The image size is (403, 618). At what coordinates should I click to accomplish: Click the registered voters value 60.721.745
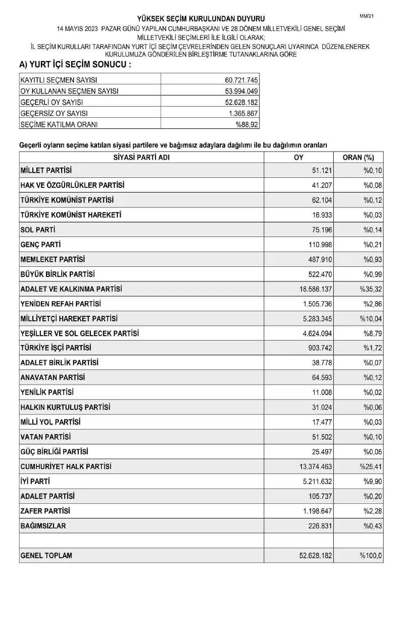click(241, 80)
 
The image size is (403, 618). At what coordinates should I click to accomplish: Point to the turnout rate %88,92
click(246, 124)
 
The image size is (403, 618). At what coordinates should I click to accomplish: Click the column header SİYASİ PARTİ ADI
click(141, 157)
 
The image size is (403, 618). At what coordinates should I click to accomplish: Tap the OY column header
click(298, 157)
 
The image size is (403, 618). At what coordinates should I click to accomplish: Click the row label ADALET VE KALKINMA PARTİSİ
click(71, 289)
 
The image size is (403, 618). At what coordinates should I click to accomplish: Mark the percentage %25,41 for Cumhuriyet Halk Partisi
click(371, 466)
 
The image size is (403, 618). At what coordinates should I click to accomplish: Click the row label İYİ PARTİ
click(35, 481)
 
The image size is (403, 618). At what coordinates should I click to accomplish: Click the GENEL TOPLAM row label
click(46, 555)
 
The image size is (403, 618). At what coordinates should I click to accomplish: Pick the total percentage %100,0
click(371, 556)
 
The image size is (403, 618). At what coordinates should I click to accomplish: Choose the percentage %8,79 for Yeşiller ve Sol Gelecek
click(373, 334)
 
